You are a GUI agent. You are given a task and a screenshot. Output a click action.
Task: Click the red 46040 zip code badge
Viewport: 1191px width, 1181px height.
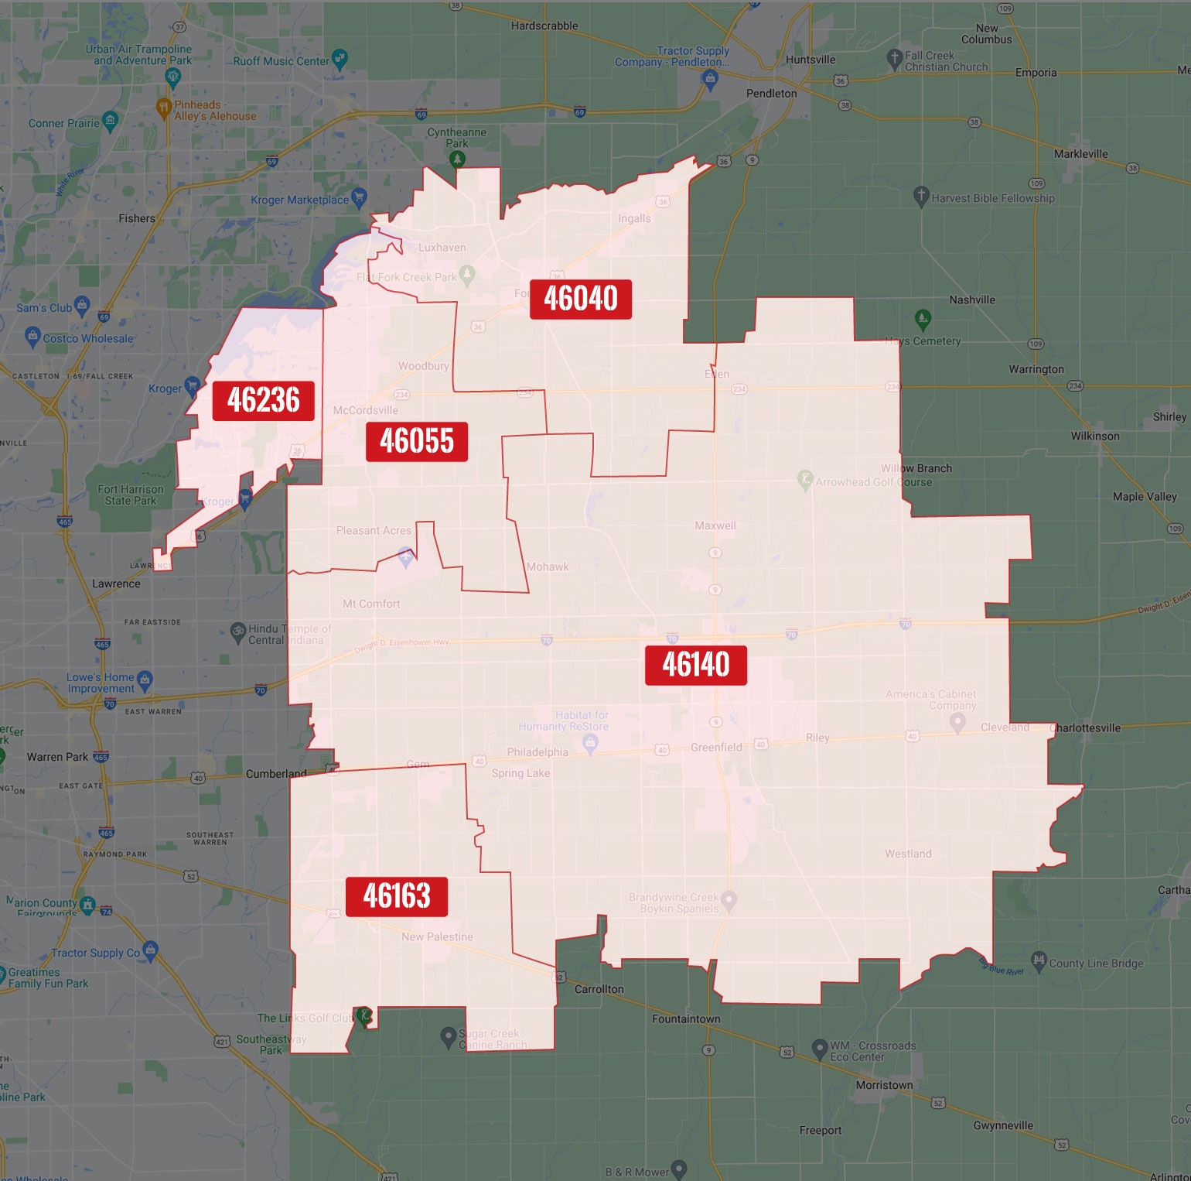click(x=580, y=299)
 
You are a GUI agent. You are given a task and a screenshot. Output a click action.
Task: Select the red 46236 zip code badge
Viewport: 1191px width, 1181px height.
click(x=263, y=400)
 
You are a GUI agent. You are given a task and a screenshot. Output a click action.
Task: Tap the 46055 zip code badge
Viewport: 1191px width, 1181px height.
click(x=417, y=441)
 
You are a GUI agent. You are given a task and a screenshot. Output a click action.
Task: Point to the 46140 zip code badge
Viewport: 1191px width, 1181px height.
click(x=696, y=665)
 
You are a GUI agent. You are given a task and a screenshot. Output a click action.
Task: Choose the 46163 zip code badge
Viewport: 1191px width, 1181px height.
click(x=397, y=896)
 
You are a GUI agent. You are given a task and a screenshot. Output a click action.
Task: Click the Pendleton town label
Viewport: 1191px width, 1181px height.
click(x=771, y=94)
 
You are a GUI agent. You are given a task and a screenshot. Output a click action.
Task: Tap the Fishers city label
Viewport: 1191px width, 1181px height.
click(x=137, y=218)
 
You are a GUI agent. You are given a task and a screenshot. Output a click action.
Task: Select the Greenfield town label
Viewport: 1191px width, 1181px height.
click(x=716, y=747)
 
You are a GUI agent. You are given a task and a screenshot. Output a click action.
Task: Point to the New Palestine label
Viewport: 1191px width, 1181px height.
click(x=437, y=936)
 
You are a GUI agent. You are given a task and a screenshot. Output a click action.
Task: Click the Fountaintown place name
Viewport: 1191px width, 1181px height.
click(x=686, y=1018)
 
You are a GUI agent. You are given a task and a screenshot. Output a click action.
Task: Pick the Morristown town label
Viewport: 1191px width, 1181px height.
click(x=884, y=1085)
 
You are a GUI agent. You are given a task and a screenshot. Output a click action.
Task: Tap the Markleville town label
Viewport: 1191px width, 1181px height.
click(x=1080, y=154)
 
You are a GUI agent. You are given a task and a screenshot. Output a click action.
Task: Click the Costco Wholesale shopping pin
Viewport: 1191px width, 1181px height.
click(x=32, y=335)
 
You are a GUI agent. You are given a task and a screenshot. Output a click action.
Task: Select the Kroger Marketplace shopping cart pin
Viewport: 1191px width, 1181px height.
click(x=359, y=197)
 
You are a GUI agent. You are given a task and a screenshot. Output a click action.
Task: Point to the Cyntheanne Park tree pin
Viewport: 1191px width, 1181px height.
click(x=457, y=159)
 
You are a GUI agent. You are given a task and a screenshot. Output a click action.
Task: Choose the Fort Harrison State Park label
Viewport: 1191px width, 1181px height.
click(x=131, y=495)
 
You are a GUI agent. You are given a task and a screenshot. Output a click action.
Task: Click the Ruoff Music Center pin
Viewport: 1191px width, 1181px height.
click(x=340, y=58)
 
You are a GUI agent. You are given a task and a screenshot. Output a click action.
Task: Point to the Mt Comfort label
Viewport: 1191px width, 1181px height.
click(x=371, y=604)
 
